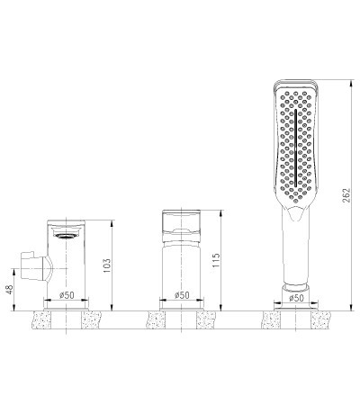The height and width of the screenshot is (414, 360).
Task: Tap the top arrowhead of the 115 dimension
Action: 220,213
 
